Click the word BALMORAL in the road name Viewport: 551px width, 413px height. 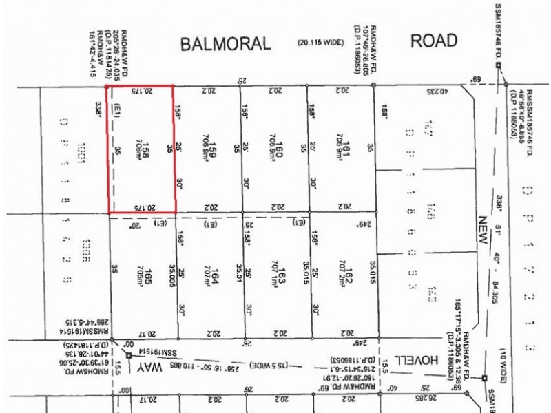225,45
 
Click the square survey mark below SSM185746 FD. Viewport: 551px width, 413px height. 499,66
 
